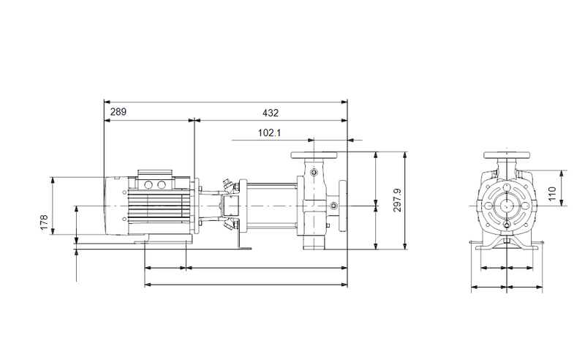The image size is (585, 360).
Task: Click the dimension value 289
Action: pyautogui.click(x=118, y=112)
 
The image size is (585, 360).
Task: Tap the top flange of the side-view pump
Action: pyautogui.click(x=314, y=156)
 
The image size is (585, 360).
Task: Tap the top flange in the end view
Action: pyautogui.click(x=506, y=156)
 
